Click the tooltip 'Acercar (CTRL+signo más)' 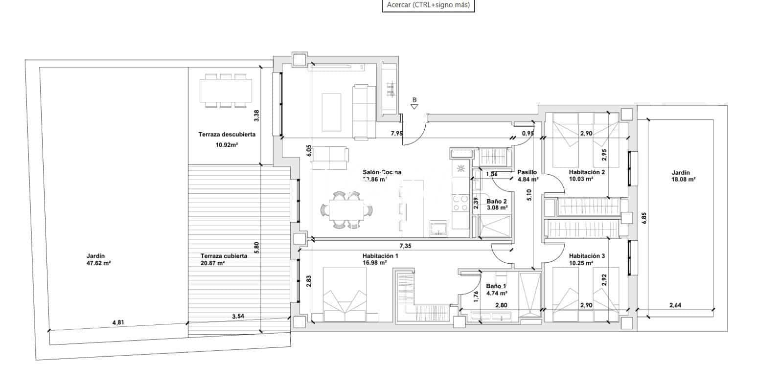tap(428, 5)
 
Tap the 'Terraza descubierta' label tap(227, 134)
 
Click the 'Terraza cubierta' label tap(224, 256)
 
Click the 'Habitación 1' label tap(380, 256)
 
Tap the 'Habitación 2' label tap(587, 172)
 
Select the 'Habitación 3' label tap(587, 256)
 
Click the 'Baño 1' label tap(496, 287)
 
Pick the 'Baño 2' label tap(496, 201)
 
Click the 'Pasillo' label tap(527, 172)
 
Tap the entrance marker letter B tap(415, 100)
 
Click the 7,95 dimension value tap(396, 133)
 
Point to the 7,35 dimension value tap(405, 246)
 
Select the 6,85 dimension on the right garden tap(645, 218)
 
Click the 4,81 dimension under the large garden tap(118, 322)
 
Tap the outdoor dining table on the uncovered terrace tap(226, 91)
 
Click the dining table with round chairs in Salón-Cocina tap(346, 211)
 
